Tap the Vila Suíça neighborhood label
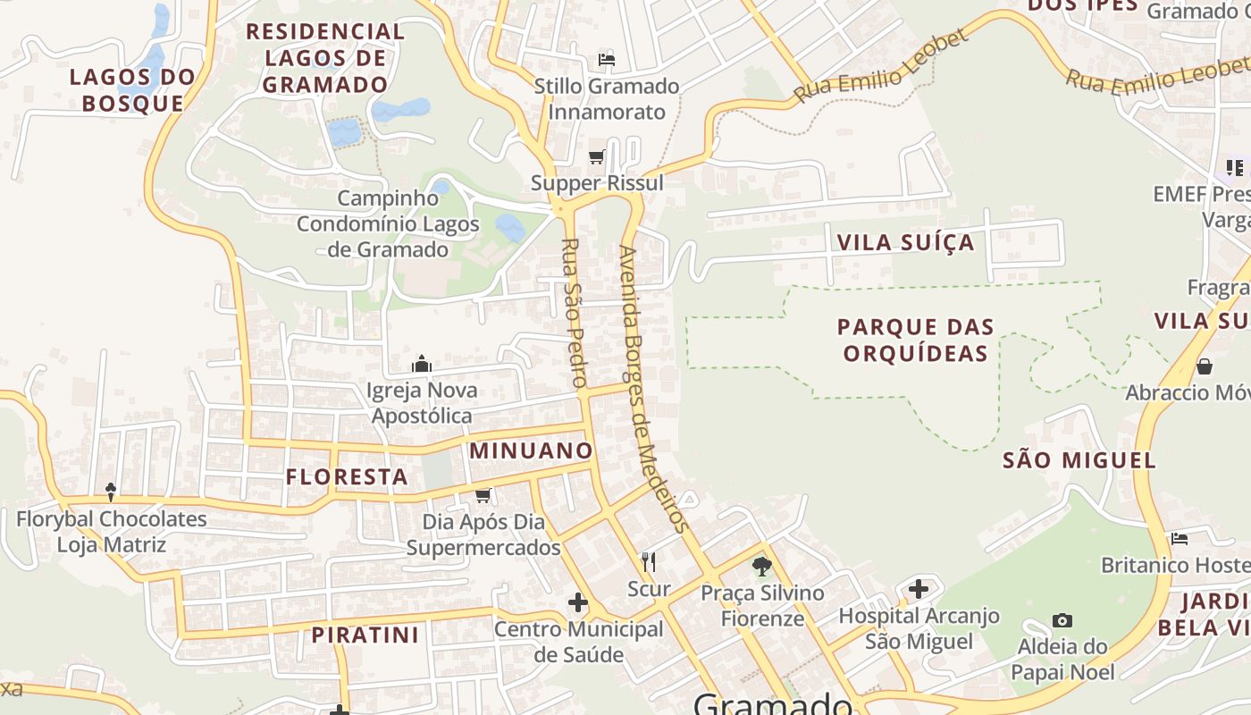[904, 242]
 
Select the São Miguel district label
[1079, 460]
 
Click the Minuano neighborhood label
[532, 450]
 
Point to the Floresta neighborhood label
[347, 477]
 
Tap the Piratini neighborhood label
[365, 635]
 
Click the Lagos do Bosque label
[132, 89]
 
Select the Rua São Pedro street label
[572, 313]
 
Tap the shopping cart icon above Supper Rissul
[597, 157]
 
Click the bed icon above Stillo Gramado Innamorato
[607, 60]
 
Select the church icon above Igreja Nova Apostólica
[421, 364]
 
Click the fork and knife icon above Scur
[649, 562]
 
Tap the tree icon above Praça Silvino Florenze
[761, 565]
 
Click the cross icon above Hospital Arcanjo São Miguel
[918, 589]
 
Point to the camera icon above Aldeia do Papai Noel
[1062, 620]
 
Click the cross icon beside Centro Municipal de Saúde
[578, 602]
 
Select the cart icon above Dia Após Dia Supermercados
[483, 495]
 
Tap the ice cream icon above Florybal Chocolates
[111, 492]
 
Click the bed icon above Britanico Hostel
[1180, 539]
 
